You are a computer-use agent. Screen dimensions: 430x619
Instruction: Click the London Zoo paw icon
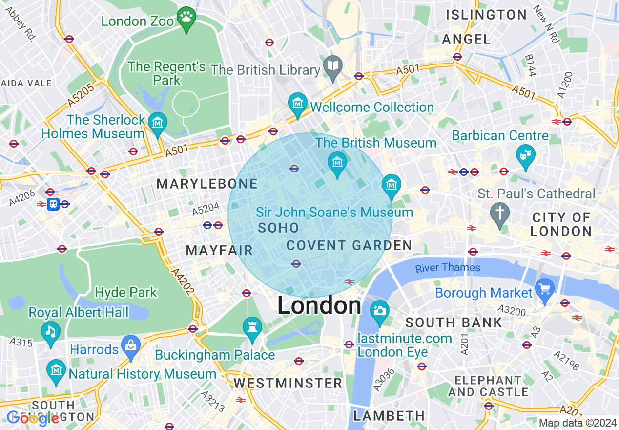click(186, 18)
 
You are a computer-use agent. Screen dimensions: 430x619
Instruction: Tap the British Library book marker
click(333, 65)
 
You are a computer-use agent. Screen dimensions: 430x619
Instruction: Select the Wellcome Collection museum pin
click(297, 103)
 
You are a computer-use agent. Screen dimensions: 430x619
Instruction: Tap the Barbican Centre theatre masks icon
click(526, 154)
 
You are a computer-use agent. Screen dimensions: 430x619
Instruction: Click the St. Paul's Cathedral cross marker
click(500, 213)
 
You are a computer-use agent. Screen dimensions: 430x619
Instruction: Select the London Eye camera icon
click(379, 310)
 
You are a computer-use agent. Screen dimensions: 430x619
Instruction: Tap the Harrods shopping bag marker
click(130, 345)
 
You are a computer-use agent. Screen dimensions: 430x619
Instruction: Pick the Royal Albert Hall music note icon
click(50, 331)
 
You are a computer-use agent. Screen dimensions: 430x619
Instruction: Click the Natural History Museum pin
click(56, 370)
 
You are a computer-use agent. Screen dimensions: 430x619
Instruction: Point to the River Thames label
click(448, 268)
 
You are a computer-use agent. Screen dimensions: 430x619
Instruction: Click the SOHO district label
click(278, 228)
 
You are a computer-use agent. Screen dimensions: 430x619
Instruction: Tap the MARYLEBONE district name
click(207, 184)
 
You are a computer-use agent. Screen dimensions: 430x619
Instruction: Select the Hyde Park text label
click(126, 293)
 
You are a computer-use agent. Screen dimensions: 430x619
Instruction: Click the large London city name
click(319, 306)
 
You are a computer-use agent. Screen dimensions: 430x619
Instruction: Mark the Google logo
click(33, 418)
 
